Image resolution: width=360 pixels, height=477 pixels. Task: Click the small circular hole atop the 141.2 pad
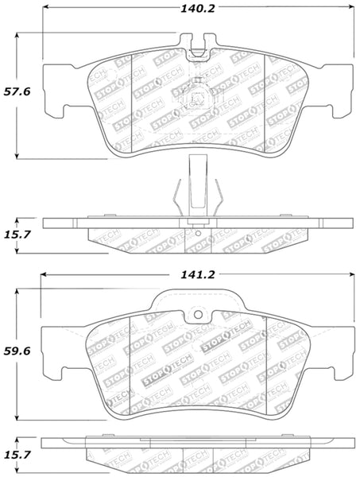point(194,315)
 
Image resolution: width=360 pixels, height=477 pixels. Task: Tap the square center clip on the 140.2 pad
point(194,102)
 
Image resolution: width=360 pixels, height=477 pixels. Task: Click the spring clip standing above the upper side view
point(194,187)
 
